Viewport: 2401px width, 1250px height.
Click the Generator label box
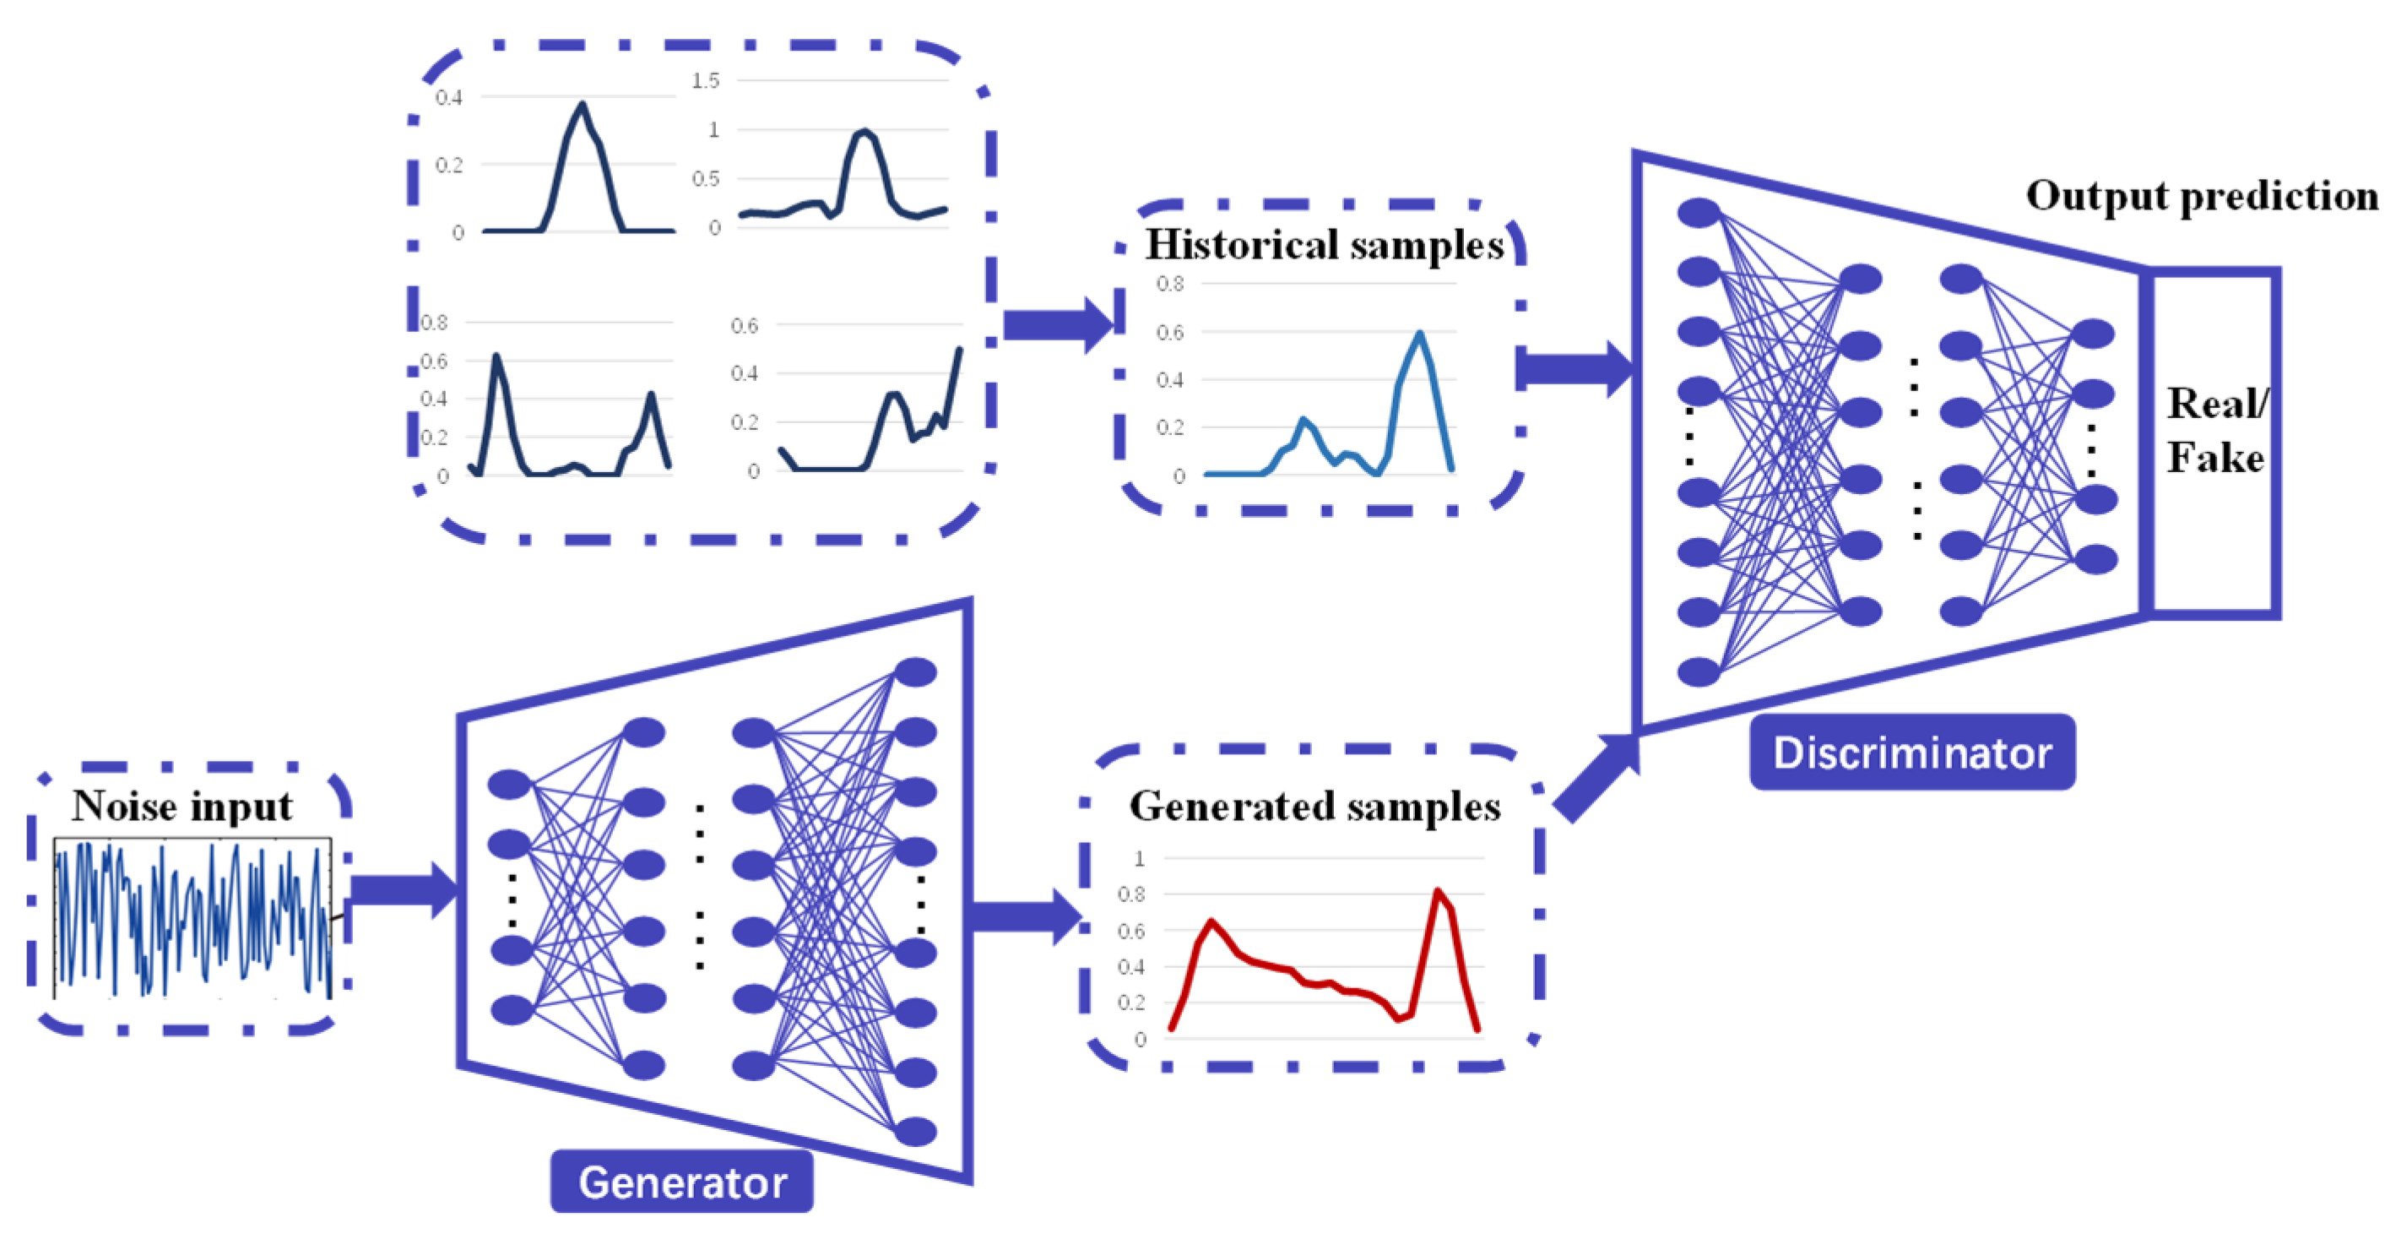pyautogui.click(x=681, y=1182)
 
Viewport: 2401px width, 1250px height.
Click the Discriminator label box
pyautogui.click(x=1911, y=753)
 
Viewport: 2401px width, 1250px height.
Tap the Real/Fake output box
pyautogui.click(x=2214, y=443)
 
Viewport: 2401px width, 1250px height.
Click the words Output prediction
pyautogui.click(x=2202, y=196)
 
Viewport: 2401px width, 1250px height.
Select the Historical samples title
pyautogui.click(x=1324, y=245)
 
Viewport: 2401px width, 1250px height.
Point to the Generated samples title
pyautogui.click(x=1314, y=807)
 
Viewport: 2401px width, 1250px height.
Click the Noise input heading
pyautogui.click(x=182, y=806)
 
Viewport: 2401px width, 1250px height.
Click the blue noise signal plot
pyautogui.click(x=192, y=918)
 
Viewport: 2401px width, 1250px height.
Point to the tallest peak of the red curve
pyautogui.click(x=1437, y=891)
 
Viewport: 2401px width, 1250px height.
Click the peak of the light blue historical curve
pyautogui.click(x=1418, y=333)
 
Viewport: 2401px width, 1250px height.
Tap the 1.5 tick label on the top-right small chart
pyautogui.click(x=706, y=81)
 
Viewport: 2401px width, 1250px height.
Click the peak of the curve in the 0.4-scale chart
pyautogui.click(x=583, y=105)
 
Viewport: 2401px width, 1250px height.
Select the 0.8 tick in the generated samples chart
pyautogui.click(x=1130, y=894)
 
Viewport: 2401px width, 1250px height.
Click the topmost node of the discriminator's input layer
pyautogui.click(x=1699, y=213)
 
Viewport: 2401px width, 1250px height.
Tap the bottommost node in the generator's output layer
pyautogui.click(x=915, y=1132)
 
